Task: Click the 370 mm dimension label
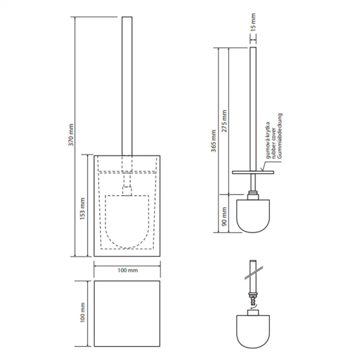[x=71, y=135]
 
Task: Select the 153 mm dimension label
[x=83, y=209]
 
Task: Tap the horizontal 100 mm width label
[x=127, y=270]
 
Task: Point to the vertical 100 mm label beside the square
[x=83, y=312]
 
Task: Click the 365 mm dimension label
[x=214, y=141]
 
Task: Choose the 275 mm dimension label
[x=224, y=121]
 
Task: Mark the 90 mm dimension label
[x=224, y=216]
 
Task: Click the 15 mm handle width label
[x=253, y=22]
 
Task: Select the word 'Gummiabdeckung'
[x=279, y=136]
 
